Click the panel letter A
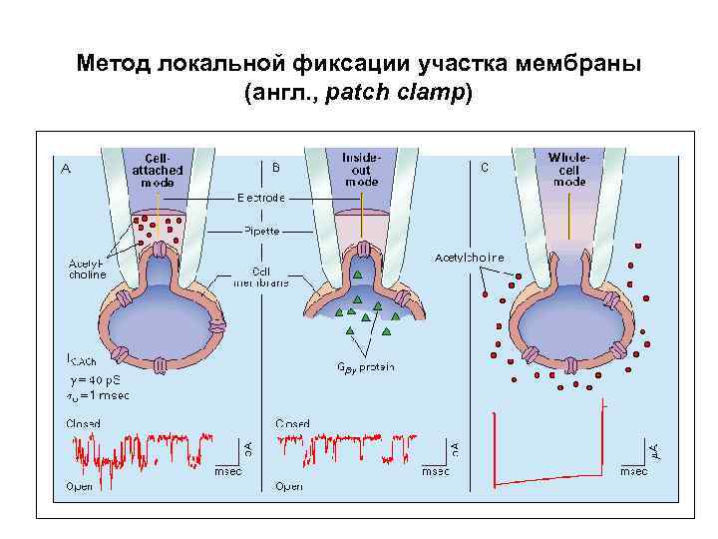66,169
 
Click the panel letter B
276,167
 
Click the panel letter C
485,167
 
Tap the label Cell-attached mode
158,170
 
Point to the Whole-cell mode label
569,170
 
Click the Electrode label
261,198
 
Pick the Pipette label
262,231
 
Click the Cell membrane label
261,275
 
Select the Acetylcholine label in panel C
470,258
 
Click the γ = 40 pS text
98,379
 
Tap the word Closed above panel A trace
84,423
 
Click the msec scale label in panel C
634,470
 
